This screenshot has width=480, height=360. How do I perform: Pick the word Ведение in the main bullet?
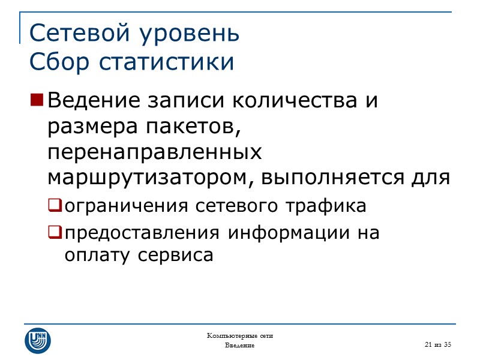(x=89, y=100)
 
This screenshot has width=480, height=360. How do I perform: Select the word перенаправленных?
(x=155, y=152)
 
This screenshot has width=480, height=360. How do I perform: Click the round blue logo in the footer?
(x=37, y=340)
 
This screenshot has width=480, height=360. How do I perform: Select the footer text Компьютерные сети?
(x=239, y=335)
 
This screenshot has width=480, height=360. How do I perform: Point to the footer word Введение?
(x=239, y=346)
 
